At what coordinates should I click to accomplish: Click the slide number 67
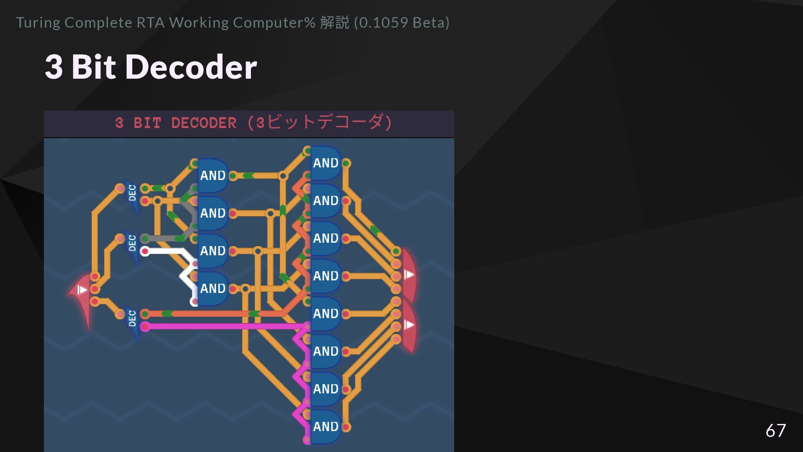(775, 431)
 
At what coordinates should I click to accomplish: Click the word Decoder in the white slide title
(191, 67)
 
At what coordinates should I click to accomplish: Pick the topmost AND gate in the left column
(212, 176)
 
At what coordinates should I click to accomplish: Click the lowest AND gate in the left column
(212, 289)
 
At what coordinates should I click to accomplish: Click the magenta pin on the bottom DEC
(145, 326)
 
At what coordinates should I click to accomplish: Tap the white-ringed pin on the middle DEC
(145, 251)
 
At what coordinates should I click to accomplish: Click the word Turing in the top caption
(38, 23)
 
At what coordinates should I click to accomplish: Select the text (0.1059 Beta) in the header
(401, 23)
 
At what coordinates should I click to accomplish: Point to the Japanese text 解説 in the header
(334, 23)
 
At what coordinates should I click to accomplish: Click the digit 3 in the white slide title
(54, 67)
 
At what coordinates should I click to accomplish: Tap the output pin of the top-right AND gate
(346, 163)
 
